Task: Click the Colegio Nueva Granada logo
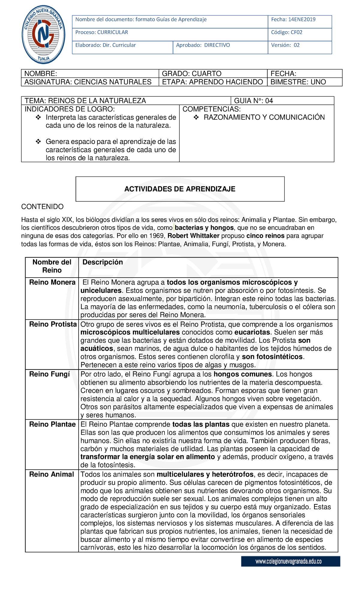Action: pos(43,35)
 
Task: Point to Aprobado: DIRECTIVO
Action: pos(203,45)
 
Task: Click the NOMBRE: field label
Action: pos(41,74)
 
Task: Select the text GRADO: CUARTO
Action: pos(192,74)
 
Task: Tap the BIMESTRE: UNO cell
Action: pos(298,82)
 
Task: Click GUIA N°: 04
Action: pos(253,101)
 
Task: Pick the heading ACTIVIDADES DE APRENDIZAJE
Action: pos(180,189)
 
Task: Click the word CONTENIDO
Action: pos(42,207)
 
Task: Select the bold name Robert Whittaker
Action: pos(193,236)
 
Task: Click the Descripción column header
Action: pos(103,262)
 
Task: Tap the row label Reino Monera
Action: pos(52,282)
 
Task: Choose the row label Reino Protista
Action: pos(53,324)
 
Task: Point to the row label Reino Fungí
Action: pos(49,374)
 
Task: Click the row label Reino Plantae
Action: pos(52,424)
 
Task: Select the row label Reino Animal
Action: pos(51,474)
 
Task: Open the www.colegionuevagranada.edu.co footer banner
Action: pos(290,561)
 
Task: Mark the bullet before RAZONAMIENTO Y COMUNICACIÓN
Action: pos(196,118)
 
